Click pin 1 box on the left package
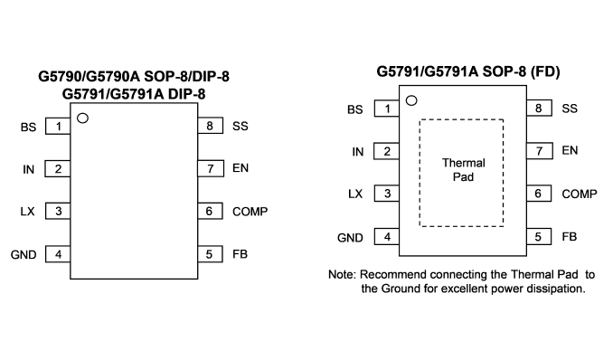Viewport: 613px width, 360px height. tap(58, 127)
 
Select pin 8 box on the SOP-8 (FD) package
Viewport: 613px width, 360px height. tap(539, 108)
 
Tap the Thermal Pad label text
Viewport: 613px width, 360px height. tap(463, 170)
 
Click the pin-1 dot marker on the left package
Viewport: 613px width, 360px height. tap(82, 118)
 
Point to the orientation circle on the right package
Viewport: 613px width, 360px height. tap(411, 100)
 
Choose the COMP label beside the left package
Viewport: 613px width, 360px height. tap(250, 212)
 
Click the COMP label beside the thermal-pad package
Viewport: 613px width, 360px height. tap(579, 194)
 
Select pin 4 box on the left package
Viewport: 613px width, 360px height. tap(58, 254)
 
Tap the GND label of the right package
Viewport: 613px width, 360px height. tap(350, 238)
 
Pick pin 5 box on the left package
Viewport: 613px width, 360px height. tap(210, 254)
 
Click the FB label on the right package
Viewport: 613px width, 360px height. tap(570, 237)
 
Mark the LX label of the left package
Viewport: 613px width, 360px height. tap(27, 212)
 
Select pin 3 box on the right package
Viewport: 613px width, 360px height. tap(387, 194)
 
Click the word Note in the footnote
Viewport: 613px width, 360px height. tap(342, 274)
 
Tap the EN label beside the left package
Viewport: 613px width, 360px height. tap(240, 168)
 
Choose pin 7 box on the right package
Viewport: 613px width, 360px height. tap(540, 151)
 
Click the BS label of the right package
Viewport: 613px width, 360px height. tap(355, 109)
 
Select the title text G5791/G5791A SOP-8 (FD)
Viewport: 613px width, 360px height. tap(468, 71)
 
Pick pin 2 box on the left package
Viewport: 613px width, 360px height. tap(58, 168)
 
